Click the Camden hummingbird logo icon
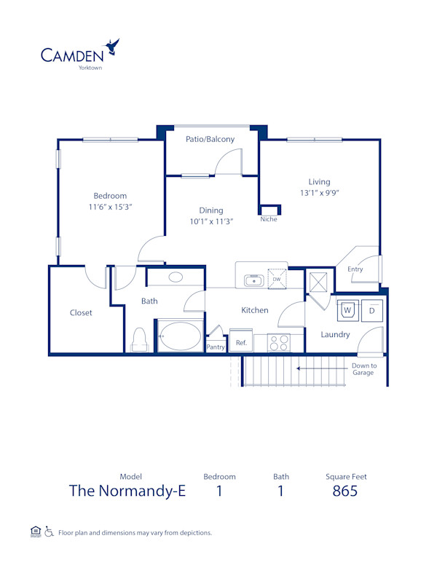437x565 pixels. [x=113, y=47]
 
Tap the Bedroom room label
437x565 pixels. [x=110, y=195]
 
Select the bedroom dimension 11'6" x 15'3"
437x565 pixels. [x=110, y=208]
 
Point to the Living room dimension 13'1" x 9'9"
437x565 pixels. [x=319, y=194]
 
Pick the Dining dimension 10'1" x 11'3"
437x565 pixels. [x=211, y=222]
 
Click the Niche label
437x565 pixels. [x=269, y=219]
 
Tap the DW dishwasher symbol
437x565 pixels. [x=276, y=278]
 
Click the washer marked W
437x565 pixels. [x=348, y=309]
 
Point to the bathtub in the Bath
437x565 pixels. [x=180, y=337]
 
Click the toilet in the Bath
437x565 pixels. [x=140, y=339]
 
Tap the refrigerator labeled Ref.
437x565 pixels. [x=240, y=341]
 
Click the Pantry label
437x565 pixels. [x=216, y=347]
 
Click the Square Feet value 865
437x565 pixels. [x=345, y=491]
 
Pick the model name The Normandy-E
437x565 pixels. [x=127, y=491]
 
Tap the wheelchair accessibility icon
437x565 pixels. [x=49, y=532]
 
